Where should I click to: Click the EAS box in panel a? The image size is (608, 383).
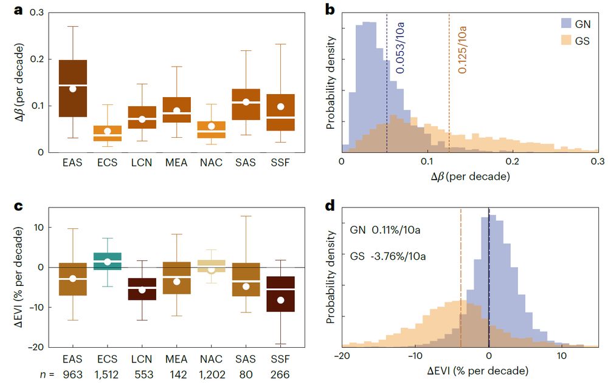(73, 88)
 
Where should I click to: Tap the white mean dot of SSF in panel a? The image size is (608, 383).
(281, 107)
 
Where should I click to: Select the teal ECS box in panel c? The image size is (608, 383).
(108, 261)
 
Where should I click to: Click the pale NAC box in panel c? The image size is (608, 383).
(212, 265)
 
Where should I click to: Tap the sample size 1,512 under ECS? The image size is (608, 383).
(108, 375)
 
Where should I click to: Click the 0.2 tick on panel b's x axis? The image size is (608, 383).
(514, 163)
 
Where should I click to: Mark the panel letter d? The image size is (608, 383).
(331, 206)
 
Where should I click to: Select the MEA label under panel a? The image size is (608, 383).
(177, 163)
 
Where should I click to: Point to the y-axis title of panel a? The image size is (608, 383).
(21, 84)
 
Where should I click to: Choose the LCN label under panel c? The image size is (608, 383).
(142, 359)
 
